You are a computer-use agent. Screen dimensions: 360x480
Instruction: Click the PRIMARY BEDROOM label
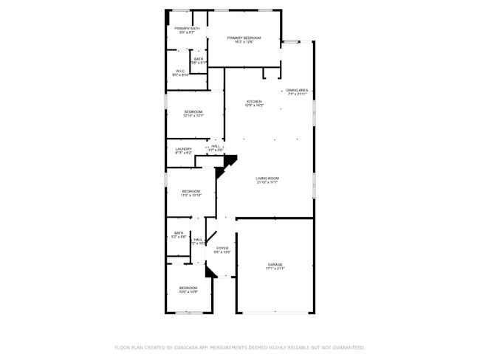pos(244,38)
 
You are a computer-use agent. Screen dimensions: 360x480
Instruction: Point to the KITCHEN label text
pos(254,101)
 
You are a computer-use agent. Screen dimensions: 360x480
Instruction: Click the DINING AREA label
pos(298,90)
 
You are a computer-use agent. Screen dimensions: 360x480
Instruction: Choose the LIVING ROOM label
pos(267,178)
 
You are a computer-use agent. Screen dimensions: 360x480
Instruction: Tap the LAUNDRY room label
pos(183,149)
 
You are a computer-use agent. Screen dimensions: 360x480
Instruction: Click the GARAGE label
pos(275,264)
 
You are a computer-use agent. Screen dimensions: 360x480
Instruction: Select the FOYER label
pos(222,248)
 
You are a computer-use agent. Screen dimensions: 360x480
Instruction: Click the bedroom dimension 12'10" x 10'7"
pos(193,116)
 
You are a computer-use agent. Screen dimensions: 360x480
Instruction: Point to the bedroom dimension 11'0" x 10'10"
pos(191,195)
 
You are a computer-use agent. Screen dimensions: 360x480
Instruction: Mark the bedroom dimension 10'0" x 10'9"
pos(188,292)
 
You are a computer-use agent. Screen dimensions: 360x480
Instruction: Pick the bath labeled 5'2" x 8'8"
pos(179,237)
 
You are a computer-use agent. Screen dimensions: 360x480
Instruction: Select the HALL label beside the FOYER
pos(198,239)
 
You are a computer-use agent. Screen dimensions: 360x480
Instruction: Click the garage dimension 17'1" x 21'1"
pos(275,269)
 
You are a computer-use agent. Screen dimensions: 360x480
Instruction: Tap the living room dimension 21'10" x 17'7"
pos(267,182)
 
